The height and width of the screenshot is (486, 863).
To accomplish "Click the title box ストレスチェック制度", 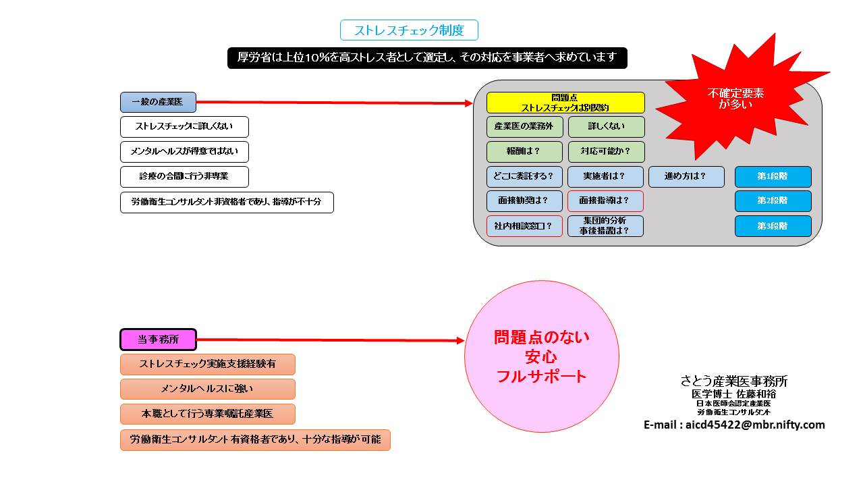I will tap(409, 30).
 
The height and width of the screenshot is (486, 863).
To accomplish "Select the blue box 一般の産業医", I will tap(158, 102).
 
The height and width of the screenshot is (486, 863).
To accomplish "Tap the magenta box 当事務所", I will tap(158, 340).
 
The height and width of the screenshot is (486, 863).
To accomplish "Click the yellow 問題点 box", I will tap(565, 103).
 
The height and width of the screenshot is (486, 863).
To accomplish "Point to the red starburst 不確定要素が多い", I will tap(735, 99).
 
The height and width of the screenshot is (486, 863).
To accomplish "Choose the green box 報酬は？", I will tap(524, 152).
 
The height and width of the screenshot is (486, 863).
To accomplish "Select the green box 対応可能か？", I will tap(606, 152).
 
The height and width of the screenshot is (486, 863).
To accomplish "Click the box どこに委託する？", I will tap(524, 177).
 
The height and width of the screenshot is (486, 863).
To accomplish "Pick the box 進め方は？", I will tap(686, 177).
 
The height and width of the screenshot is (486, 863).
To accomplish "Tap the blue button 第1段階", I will tap(773, 177).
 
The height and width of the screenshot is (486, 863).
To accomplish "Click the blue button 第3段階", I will tap(773, 226).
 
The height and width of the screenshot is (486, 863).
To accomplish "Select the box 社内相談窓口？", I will tap(524, 226).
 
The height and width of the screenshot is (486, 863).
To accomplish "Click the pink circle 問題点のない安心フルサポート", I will tap(541, 356).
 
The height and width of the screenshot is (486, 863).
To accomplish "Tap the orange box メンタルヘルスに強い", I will tap(207, 389).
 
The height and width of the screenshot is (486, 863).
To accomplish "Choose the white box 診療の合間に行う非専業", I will tap(184, 177).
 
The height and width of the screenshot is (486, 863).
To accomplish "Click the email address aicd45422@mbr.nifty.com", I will tap(734, 425).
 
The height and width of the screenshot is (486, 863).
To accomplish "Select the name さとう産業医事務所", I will tap(734, 381).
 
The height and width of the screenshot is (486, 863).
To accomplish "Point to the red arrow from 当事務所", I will tap(331, 340).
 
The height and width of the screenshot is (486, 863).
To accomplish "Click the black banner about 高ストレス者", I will tap(427, 58).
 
